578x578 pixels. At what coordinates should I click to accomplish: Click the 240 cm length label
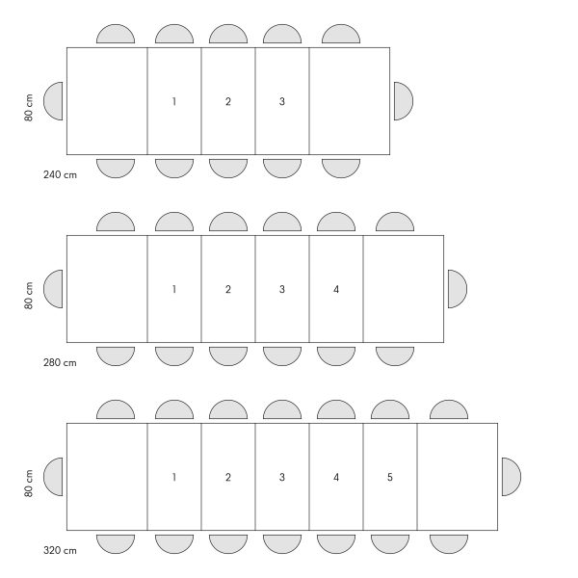[x=60, y=174]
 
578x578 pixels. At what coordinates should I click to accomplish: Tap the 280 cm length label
[x=60, y=363]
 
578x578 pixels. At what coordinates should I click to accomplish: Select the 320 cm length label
[x=60, y=551]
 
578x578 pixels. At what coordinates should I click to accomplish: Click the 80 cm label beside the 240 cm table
[x=29, y=107]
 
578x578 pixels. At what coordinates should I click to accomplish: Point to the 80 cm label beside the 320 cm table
[x=29, y=484]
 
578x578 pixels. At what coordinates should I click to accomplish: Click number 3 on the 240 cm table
[x=282, y=101]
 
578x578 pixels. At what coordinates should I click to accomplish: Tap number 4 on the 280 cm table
[x=336, y=289]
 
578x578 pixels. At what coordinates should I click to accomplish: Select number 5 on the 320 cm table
[x=390, y=478]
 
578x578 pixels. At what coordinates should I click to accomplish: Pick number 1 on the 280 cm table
[x=174, y=289]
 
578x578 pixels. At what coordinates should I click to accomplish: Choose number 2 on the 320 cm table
[x=228, y=478]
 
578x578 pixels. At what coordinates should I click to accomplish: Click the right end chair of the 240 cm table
[x=404, y=101]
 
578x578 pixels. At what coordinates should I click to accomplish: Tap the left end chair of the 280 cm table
[x=53, y=289]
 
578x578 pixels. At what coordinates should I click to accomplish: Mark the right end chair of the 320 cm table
[x=512, y=477]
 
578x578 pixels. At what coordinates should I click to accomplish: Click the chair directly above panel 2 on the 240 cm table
[x=228, y=34]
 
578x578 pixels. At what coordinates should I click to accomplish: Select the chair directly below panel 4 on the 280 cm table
[x=336, y=356]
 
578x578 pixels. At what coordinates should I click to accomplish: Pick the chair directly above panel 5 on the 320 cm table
[x=390, y=409]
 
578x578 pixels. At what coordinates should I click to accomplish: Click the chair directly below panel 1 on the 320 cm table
[x=174, y=544]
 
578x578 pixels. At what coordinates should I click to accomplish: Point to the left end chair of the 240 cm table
[x=53, y=101]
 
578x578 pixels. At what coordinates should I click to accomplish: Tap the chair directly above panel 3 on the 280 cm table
[x=282, y=222]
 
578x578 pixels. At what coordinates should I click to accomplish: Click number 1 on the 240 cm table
[x=174, y=101]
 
